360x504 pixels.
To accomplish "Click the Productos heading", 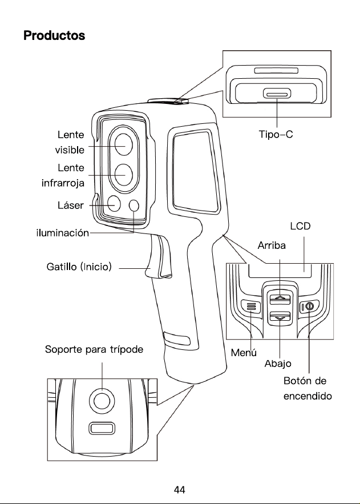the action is (54, 35).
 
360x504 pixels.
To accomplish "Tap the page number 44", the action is (180, 490).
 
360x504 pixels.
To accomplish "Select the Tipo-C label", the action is (276, 134).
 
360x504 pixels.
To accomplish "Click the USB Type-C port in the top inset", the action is (277, 94).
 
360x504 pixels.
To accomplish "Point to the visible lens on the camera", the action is (124, 144).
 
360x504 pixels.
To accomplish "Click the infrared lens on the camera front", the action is (124, 175).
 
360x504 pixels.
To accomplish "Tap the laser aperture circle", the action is (114, 204).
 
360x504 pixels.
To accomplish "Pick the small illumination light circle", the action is (134, 205).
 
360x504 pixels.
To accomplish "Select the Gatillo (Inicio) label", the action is (79, 267).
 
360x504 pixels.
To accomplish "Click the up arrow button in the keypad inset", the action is (280, 299).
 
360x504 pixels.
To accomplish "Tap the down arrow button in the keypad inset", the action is (280, 317).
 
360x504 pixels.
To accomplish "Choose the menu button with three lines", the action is (251, 307).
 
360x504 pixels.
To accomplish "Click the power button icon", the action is (309, 307).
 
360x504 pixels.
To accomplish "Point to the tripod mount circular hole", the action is (102, 400).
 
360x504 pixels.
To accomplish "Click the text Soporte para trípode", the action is (94, 349).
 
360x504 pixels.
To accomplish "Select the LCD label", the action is (300, 226).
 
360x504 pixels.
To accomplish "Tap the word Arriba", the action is (272, 245).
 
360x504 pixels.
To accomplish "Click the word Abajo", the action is (278, 364).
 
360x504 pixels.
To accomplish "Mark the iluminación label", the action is (63, 232).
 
